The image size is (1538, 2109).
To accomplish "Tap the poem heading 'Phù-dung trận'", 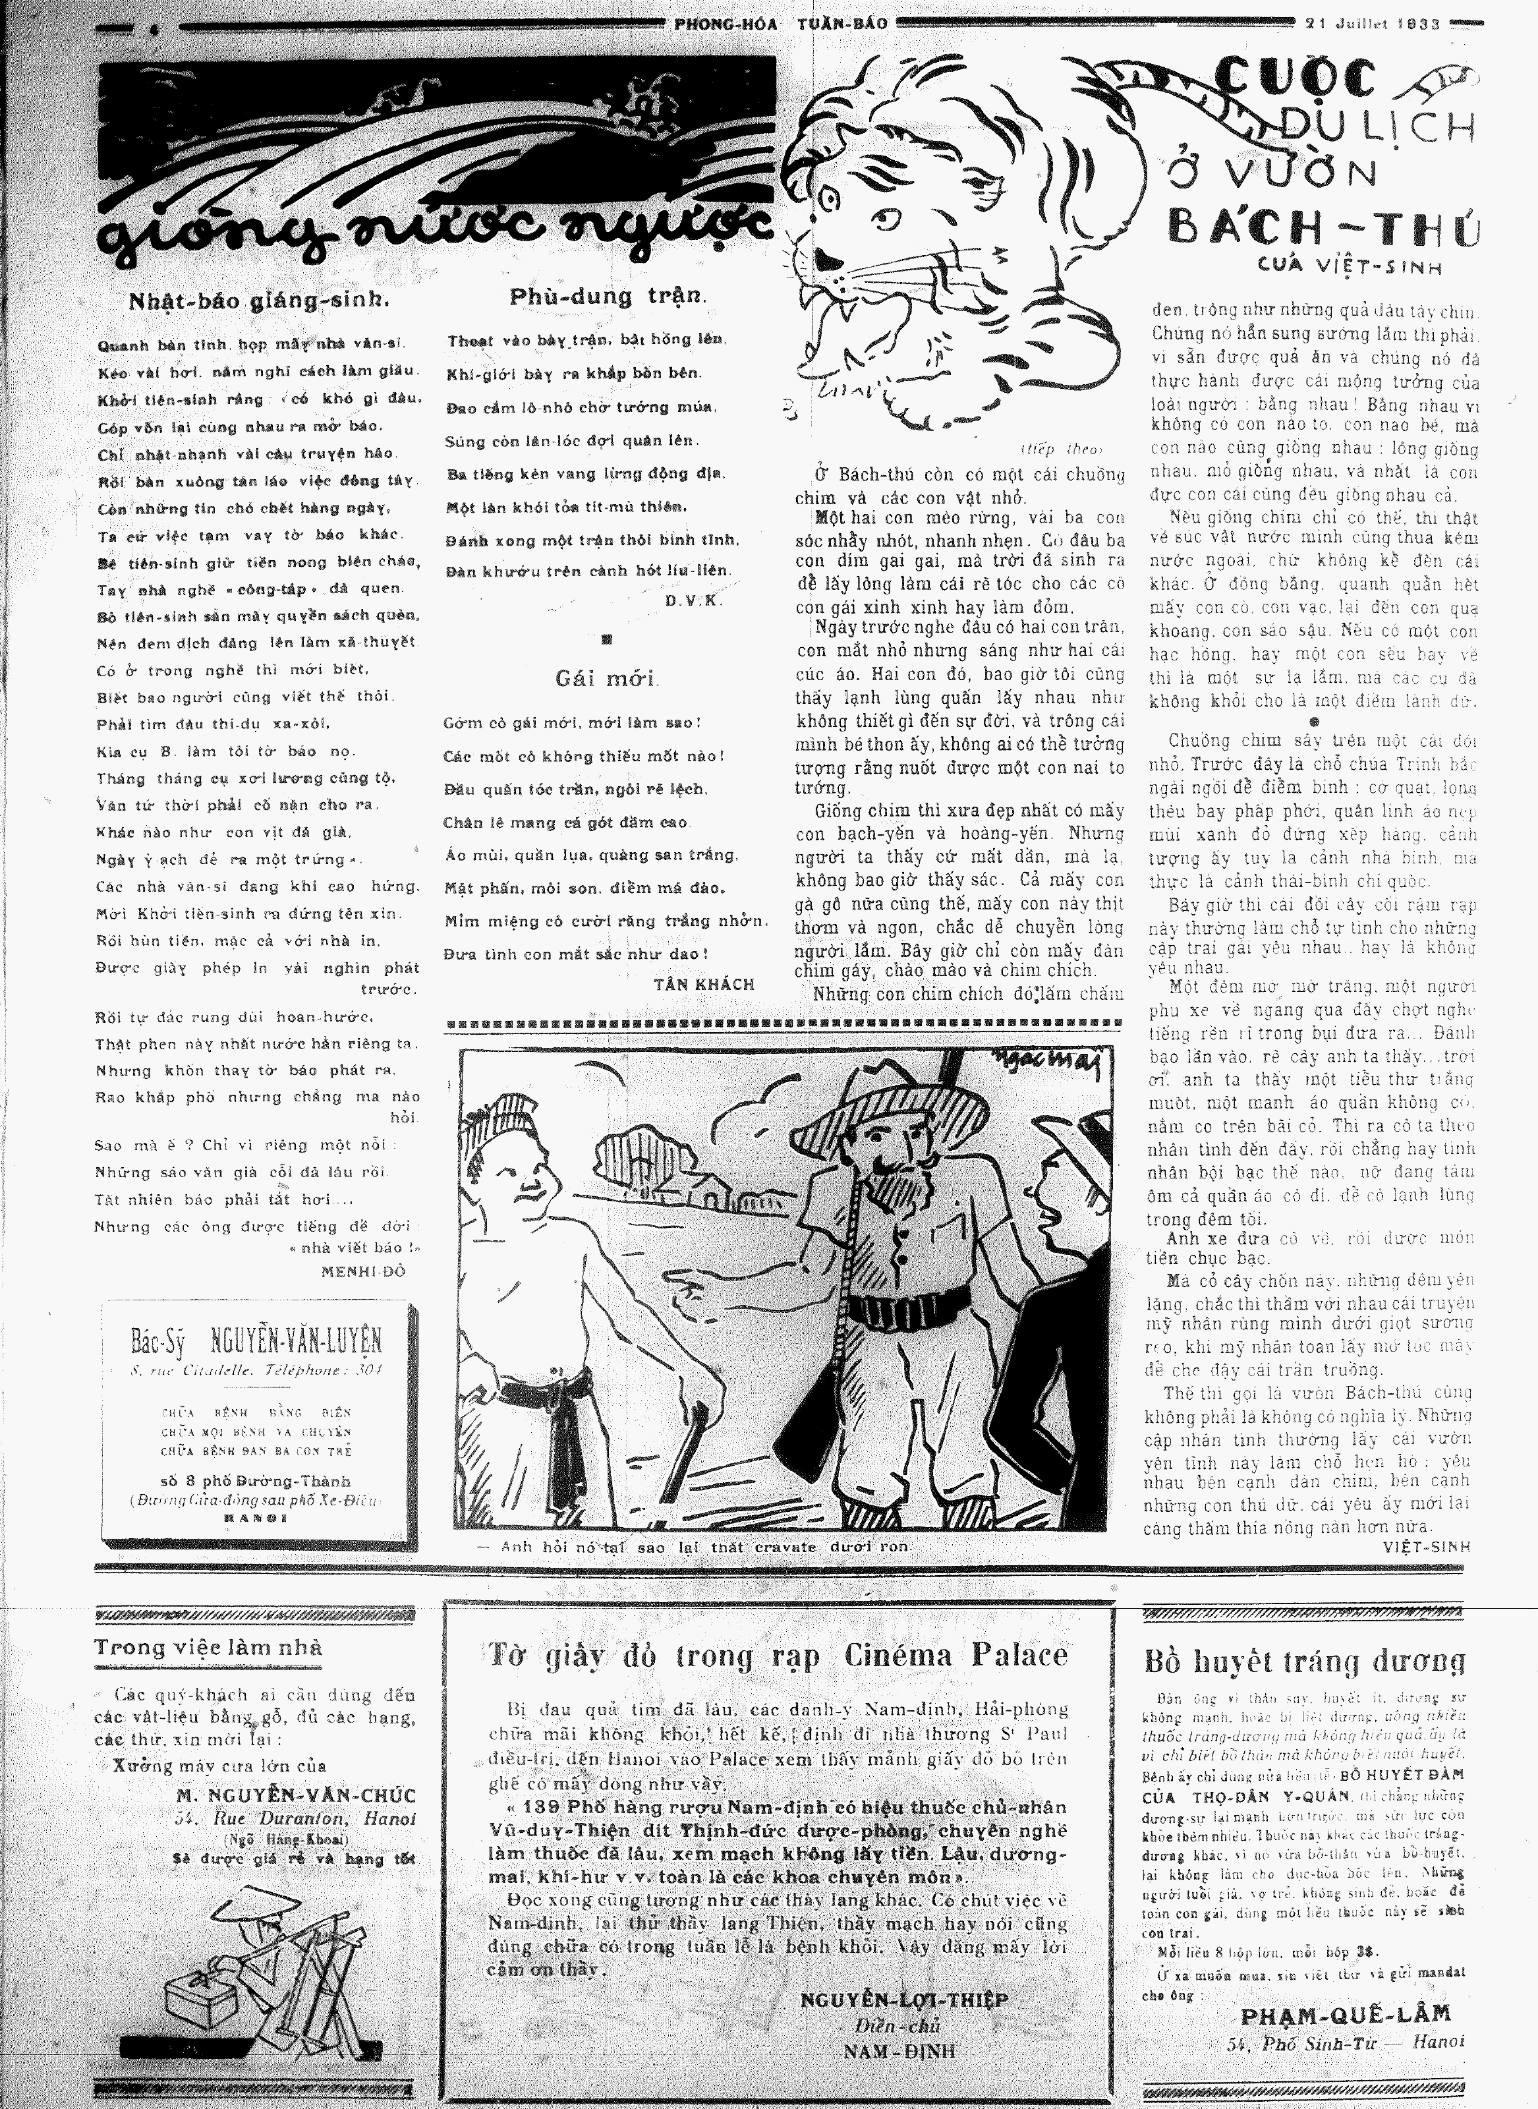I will (608, 297).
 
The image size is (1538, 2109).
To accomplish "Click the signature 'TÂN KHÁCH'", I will (703, 983).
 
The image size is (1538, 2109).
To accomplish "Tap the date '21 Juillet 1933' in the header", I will (1376, 24).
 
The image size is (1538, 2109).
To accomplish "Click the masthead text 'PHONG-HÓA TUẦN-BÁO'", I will (780, 24).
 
